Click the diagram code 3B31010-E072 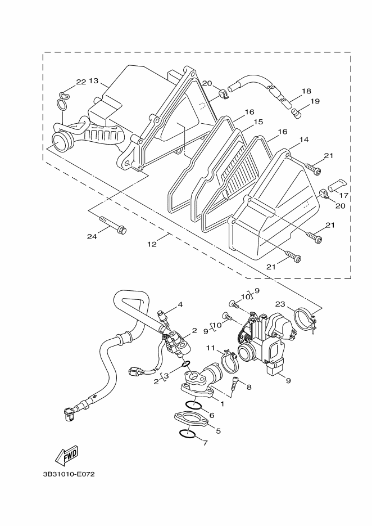[69, 474]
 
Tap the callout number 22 [81, 82]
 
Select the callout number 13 [94, 81]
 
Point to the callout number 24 [92, 236]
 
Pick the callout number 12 [152, 244]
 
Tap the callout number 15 [258, 122]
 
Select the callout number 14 [304, 139]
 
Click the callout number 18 [306, 91]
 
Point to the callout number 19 [314, 101]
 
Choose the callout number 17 [344, 196]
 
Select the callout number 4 [180, 305]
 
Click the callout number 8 [249, 387]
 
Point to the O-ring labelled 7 [187, 434]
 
